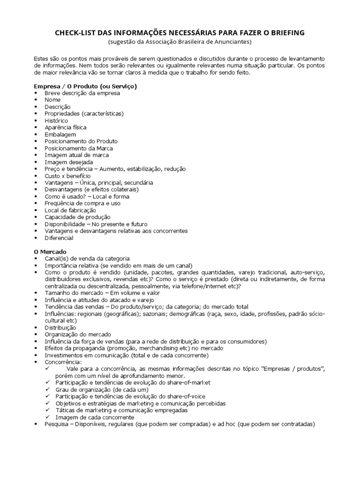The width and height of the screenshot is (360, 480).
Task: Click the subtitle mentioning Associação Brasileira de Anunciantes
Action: pyautogui.click(x=180, y=42)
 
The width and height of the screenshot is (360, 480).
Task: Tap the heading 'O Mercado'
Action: pyautogui.click(x=50, y=252)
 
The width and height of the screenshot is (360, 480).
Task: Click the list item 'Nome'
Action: pyautogui.click(x=52, y=100)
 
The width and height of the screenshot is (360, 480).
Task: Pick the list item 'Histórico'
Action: pyautogui.click(x=56, y=120)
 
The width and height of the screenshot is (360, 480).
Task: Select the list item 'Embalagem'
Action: pyautogui.click(x=60, y=134)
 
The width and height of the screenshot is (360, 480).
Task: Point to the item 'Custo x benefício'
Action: pyautogui.click(x=67, y=176)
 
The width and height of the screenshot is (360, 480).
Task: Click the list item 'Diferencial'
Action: pyautogui.click(x=59, y=238)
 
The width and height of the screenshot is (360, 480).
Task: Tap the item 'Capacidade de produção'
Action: pyautogui.click(x=77, y=217)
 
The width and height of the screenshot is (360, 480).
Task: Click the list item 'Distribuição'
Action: pyautogui.click(x=60, y=327)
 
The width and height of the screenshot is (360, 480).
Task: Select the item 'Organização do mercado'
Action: pyautogui.click(x=78, y=334)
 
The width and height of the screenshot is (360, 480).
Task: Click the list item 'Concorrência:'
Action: pyautogui.click(x=63, y=362)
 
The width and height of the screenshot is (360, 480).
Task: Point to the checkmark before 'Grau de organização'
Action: pyautogui.click(x=48, y=390)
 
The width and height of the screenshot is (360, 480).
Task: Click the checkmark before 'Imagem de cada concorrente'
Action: pyautogui.click(x=48, y=417)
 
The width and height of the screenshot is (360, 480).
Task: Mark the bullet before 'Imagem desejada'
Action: pyautogui.click(x=36, y=162)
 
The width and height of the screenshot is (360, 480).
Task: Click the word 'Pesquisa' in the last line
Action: pyautogui.click(x=57, y=424)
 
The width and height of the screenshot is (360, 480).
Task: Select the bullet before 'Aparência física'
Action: pyautogui.click(x=36, y=127)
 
